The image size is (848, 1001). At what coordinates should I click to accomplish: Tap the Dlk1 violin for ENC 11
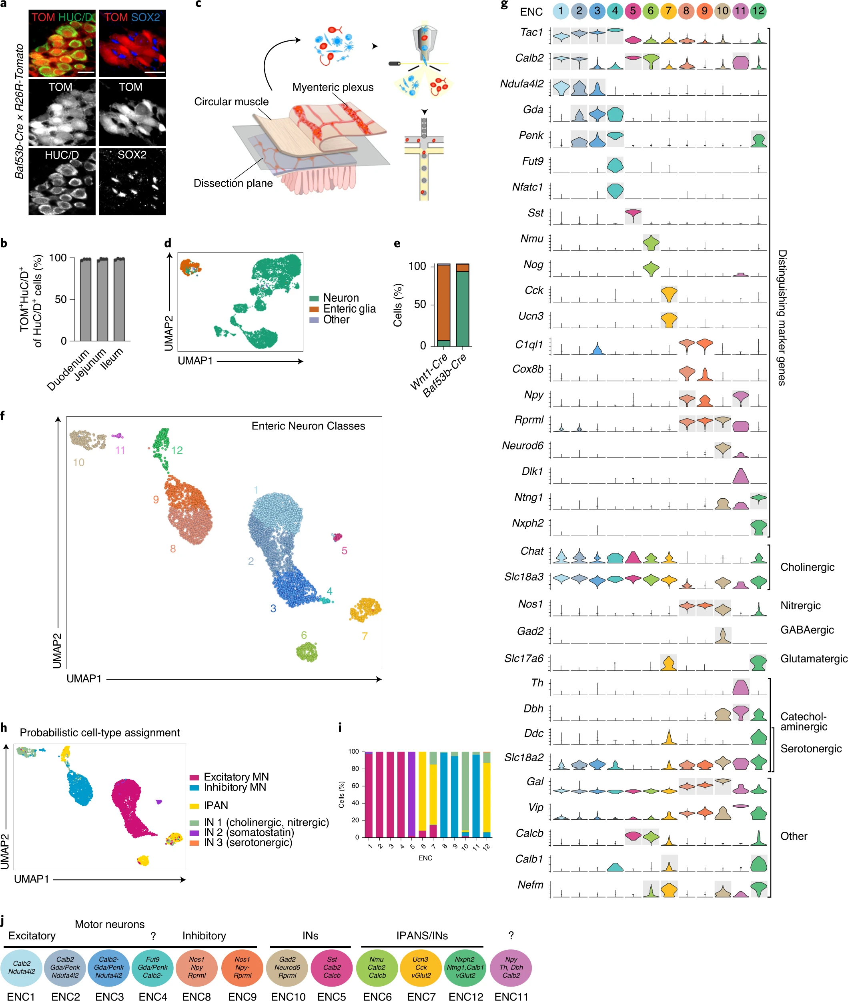740,476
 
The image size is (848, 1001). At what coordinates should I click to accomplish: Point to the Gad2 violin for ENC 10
722,636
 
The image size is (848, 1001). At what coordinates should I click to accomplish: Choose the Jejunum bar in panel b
102,300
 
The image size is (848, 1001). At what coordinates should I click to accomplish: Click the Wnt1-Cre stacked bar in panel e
443,305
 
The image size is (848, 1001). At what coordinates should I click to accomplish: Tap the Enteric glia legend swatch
314,309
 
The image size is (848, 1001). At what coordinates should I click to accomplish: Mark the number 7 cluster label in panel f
365,636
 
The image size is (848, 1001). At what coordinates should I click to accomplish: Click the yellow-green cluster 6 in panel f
307,652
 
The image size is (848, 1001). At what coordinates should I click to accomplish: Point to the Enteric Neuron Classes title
308,426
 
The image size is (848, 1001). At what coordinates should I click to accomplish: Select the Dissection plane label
233,183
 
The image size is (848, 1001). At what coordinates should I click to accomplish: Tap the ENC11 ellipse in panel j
511,967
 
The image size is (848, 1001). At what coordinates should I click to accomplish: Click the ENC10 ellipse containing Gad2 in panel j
287,967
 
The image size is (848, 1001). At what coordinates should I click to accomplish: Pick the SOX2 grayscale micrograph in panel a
132,181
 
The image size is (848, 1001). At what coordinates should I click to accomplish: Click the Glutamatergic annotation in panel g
814,659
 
